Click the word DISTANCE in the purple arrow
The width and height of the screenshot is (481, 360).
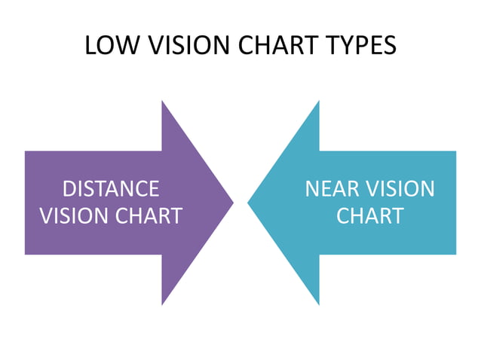(x=111, y=188)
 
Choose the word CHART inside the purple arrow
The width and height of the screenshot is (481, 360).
(x=149, y=216)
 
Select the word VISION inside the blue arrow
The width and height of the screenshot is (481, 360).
(x=400, y=188)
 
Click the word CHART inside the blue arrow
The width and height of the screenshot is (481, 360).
(x=369, y=216)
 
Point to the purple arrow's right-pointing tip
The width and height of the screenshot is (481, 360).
(x=232, y=202)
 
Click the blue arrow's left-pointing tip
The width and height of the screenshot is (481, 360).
(x=249, y=202)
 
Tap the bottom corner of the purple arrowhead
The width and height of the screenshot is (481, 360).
(x=162, y=304)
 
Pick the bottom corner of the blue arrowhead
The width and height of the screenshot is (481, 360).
(x=319, y=304)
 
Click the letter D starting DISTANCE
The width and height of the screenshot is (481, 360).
(x=69, y=188)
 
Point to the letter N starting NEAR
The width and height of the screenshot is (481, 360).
(x=312, y=188)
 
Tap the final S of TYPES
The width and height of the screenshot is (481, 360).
(x=388, y=45)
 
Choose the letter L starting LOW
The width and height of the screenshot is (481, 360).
(x=90, y=45)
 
